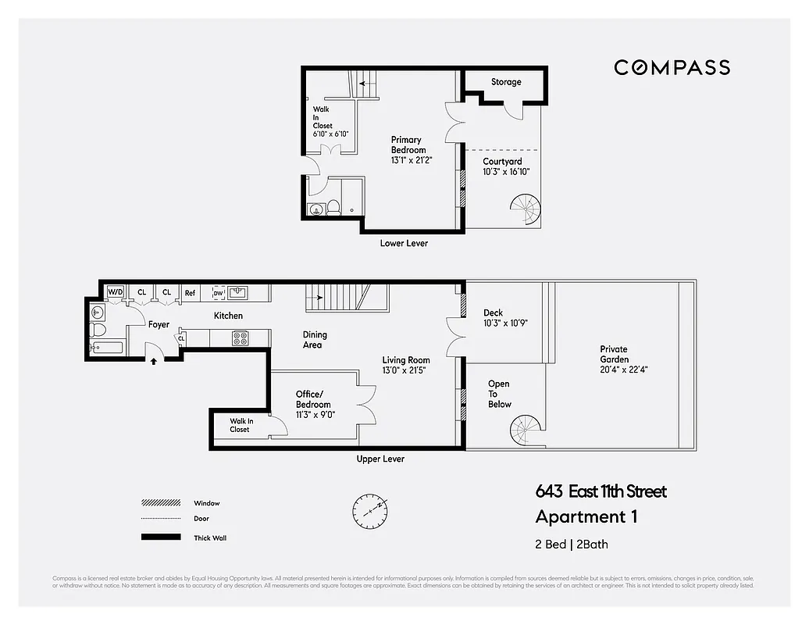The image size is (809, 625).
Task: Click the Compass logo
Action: pyautogui.click(x=672, y=67)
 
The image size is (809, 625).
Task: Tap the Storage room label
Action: pyautogui.click(x=506, y=82)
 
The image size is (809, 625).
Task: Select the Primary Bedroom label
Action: pyautogui.click(x=408, y=145)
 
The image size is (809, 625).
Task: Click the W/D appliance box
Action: pyautogui.click(x=116, y=292)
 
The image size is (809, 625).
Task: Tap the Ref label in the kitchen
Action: pyautogui.click(x=190, y=293)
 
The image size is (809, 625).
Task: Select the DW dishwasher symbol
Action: pyautogui.click(x=219, y=293)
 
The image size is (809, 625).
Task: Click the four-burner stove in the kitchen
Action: pyautogui.click(x=241, y=338)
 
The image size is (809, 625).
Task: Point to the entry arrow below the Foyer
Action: pyautogui.click(x=154, y=361)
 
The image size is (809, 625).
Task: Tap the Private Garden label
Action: pyautogui.click(x=614, y=355)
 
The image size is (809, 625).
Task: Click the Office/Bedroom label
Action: pyautogui.click(x=313, y=399)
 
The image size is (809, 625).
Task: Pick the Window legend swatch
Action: pyautogui.click(x=161, y=503)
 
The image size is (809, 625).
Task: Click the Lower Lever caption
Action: pyautogui.click(x=404, y=243)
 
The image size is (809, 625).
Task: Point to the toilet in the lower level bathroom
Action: pyautogui.click(x=333, y=207)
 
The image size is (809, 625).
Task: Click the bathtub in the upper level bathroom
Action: pyautogui.click(x=106, y=348)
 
